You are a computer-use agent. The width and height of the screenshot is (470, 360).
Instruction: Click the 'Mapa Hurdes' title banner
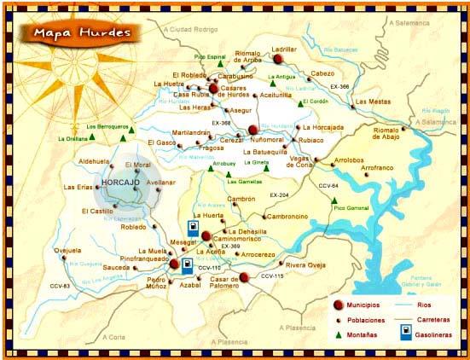(x=83, y=32)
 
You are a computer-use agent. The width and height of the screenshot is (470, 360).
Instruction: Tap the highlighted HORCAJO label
(x=120, y=183)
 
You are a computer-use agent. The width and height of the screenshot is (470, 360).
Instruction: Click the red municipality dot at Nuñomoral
(x=252, y=130)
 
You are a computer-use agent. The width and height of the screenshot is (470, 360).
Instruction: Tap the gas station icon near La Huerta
(x=194, y=229)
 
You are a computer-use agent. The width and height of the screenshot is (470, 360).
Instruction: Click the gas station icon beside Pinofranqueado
(x=186, y=264)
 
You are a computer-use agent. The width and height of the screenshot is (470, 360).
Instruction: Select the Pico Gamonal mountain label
(x=350, y=207)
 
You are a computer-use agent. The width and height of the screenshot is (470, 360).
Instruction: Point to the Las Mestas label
(x=373, y=102)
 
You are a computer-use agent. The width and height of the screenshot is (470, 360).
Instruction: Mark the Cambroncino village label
(x=266, y=217)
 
